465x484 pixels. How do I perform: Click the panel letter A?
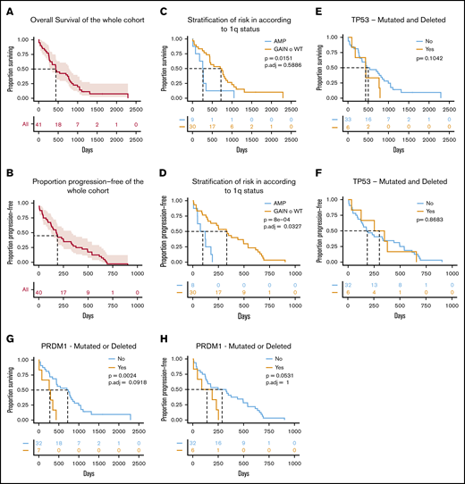pos(8,11)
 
